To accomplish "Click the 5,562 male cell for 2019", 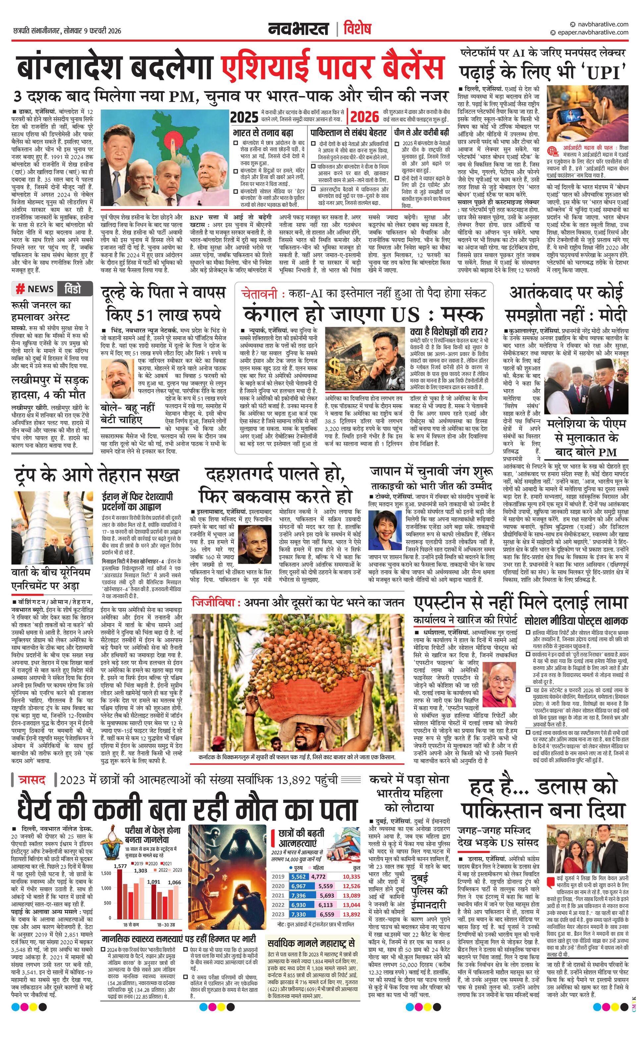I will [x=298, y=876].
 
